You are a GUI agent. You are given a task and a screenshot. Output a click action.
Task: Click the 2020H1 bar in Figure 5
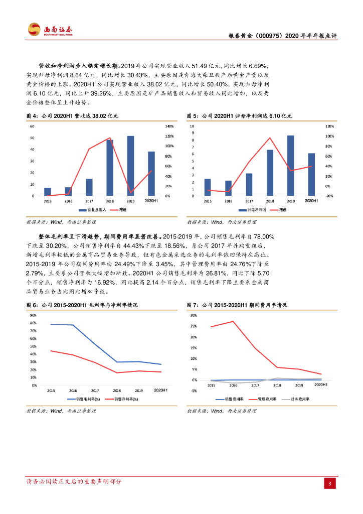pyautogui.click(x=311, y=174)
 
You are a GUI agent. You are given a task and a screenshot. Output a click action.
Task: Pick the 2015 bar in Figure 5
pyautogui.click(x=208, y=187)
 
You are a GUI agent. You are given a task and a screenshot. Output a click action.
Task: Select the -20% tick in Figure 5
pyautogui.click(x=329, y=196)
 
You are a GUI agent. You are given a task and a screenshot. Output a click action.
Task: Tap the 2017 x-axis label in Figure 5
pyautogui.click(x=249, y=201)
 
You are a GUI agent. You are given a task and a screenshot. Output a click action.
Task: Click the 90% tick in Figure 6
pyautogui.click(x=33, y=315)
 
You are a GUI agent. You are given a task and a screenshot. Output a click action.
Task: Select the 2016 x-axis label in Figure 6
pyautogui.click(x=73, y=390)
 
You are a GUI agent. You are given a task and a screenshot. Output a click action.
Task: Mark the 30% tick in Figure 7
pyautogui.click(x=194, y=315)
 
